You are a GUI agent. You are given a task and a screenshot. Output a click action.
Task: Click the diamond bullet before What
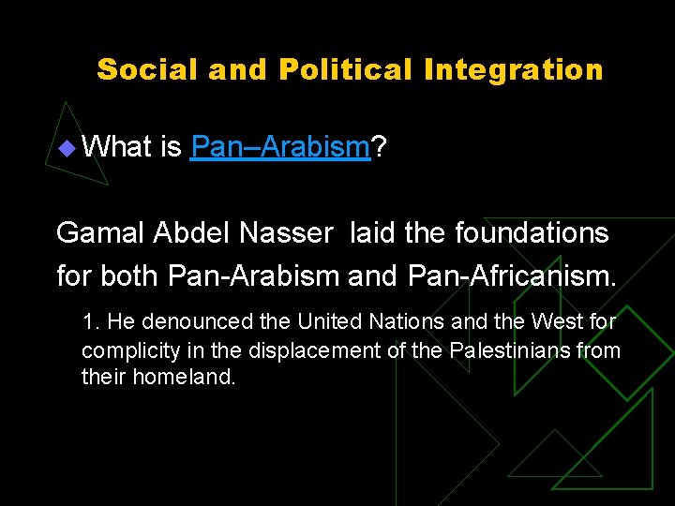tap(64, 147)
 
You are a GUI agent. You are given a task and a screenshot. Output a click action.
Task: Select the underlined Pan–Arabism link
tap(280, 146)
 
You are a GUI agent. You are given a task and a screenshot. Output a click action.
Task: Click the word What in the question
tap(117, 146)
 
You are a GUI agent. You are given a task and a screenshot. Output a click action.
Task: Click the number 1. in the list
tap(91, 322)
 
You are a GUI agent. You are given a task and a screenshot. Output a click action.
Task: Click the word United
tap(329, 322)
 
